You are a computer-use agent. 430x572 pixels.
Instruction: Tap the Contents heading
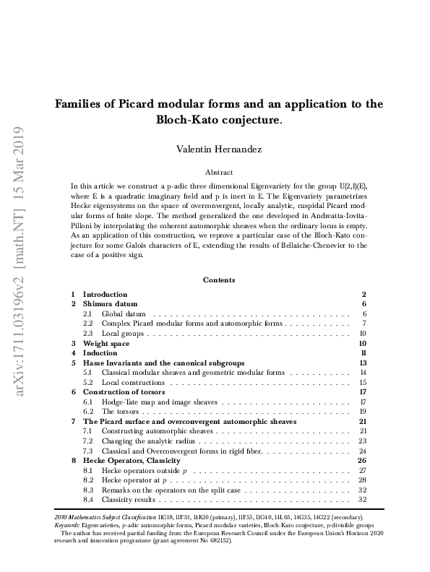[x=218, y=279]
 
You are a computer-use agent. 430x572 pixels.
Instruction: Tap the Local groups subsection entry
[x=123, y=334]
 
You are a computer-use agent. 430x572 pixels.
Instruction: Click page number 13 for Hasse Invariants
[x=364, y=363]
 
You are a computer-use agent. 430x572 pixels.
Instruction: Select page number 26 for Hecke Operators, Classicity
[x=363, y=460]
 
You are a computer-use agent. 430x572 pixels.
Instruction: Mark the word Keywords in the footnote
[x=67, y=526]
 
